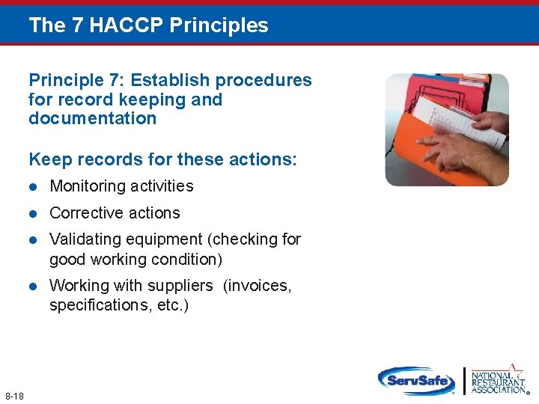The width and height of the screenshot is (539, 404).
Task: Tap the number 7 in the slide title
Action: point(78,25)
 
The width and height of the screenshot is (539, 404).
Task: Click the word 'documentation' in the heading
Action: point(92,118)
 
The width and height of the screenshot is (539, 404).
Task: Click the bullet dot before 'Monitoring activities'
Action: point(33,186)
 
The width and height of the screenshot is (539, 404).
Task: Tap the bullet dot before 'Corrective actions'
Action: point(33,213)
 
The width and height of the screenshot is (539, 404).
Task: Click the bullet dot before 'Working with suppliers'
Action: point(33,286)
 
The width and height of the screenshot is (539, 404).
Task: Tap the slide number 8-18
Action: point(14,394)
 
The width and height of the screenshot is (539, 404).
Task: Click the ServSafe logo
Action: point(416,381)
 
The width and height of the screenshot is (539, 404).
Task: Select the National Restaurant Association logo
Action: point(498,379)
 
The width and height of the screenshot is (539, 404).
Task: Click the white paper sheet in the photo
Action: point(457,120)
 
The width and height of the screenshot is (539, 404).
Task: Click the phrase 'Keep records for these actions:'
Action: point(162,159)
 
